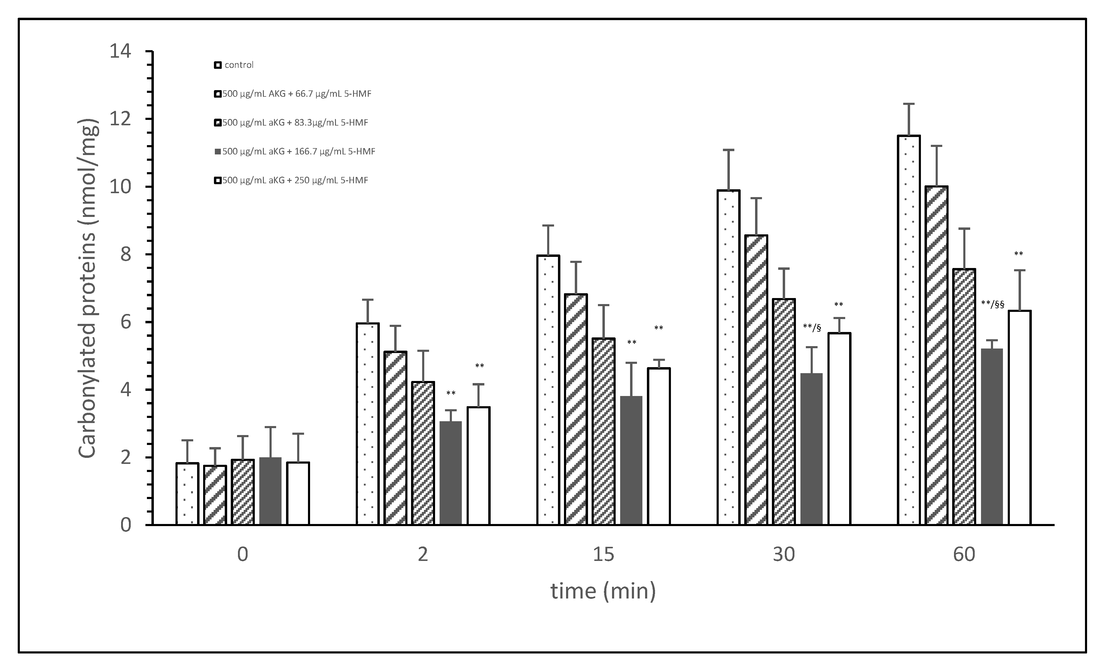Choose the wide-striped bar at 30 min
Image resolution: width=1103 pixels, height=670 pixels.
pos(756,380)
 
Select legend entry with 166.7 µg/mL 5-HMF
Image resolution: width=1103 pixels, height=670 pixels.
pos(295,152)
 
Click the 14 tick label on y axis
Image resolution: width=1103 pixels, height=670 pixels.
pos(120,51)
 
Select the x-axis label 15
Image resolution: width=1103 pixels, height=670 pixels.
pos(603,555)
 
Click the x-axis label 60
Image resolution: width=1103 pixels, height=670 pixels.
pos(964,555)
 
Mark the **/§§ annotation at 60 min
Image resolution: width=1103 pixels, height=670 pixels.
pos(992,304)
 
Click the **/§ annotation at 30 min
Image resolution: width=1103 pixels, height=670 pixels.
pos(812,327)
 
